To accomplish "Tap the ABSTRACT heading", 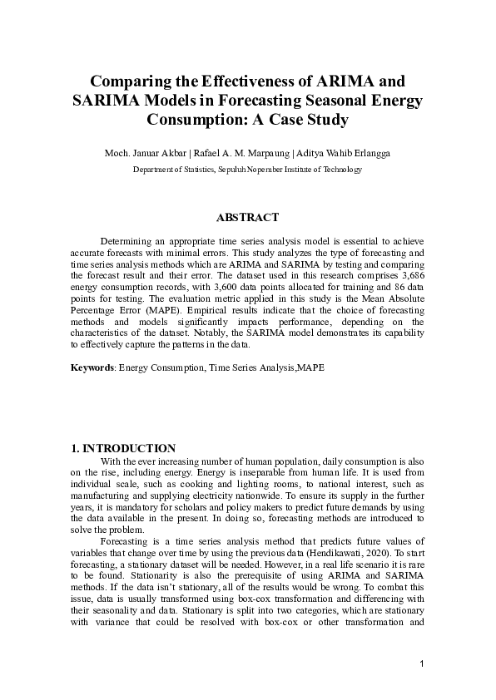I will pyautogui.click(x=247, y=218).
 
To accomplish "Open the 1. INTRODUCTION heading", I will pyautogui.click(x=123, y=448).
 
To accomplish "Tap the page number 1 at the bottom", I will pyautogui.click(x=423, y=663).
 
